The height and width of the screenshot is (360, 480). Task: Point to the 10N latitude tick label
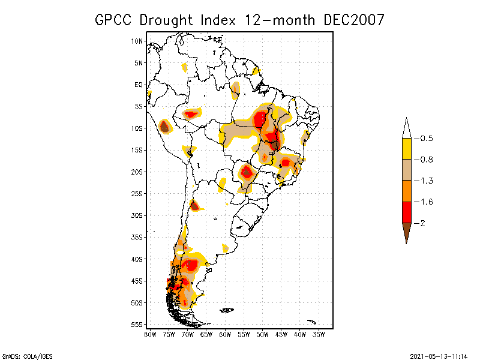[x=137, y=41]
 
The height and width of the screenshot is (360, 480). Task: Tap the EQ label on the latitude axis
[x=139, y=85]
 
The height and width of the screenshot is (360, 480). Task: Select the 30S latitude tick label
[x=137, y=215]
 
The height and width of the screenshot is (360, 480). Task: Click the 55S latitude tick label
[x=137, y=325]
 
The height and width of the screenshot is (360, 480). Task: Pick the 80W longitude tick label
[x=150, y=334]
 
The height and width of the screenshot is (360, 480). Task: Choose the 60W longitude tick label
[x=225, y=334]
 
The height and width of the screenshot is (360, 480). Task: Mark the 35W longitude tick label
[x=319, y=334]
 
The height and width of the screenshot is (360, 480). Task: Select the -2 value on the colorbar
[x=421, y=223]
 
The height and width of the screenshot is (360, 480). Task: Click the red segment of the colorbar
[x=406, y=212]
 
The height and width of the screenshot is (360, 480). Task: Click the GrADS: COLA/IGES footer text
[x=22, y=356]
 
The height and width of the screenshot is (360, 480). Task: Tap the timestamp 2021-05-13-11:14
[x=439, y=356]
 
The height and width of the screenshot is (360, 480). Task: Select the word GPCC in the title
[x=114, y=19]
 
